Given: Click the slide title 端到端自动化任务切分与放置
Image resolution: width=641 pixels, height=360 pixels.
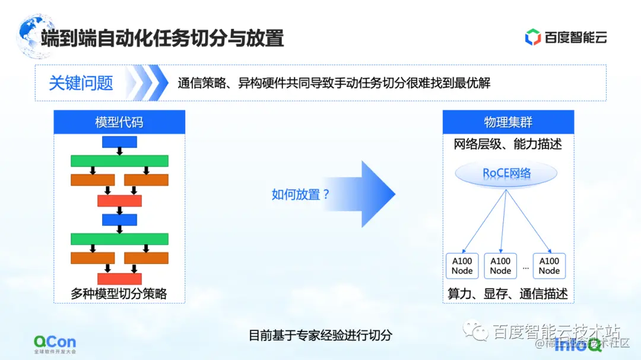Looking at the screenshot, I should coord(162,38).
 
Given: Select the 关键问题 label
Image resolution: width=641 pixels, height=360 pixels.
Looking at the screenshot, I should coord(81,83).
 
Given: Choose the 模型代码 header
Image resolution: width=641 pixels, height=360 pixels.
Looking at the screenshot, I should coord(119,122).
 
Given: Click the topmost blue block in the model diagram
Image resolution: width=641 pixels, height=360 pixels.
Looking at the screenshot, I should coord(119,142).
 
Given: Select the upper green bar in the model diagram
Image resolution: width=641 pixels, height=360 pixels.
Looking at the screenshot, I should coord(119,161).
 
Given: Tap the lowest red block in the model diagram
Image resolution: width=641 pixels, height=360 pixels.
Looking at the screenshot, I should coord(119,278).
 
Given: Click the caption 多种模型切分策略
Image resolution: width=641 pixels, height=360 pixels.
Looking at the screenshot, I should coord(119,294).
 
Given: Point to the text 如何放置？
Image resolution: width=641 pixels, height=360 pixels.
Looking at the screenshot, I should coord(300,194).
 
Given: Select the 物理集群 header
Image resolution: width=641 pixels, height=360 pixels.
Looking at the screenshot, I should coord(508,122).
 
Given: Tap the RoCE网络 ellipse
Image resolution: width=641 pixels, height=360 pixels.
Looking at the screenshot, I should coord(506,173).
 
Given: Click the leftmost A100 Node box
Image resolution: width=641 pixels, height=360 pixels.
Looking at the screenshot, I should coord(462,266).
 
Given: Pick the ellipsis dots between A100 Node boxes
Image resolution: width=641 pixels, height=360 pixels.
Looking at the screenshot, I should coord(525,268).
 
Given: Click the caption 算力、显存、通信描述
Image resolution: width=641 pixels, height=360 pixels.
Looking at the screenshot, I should coord(508,294).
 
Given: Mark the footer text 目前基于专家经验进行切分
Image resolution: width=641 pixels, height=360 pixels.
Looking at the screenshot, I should coord(320,335).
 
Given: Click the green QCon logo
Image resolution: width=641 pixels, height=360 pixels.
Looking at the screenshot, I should coord(55,343).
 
